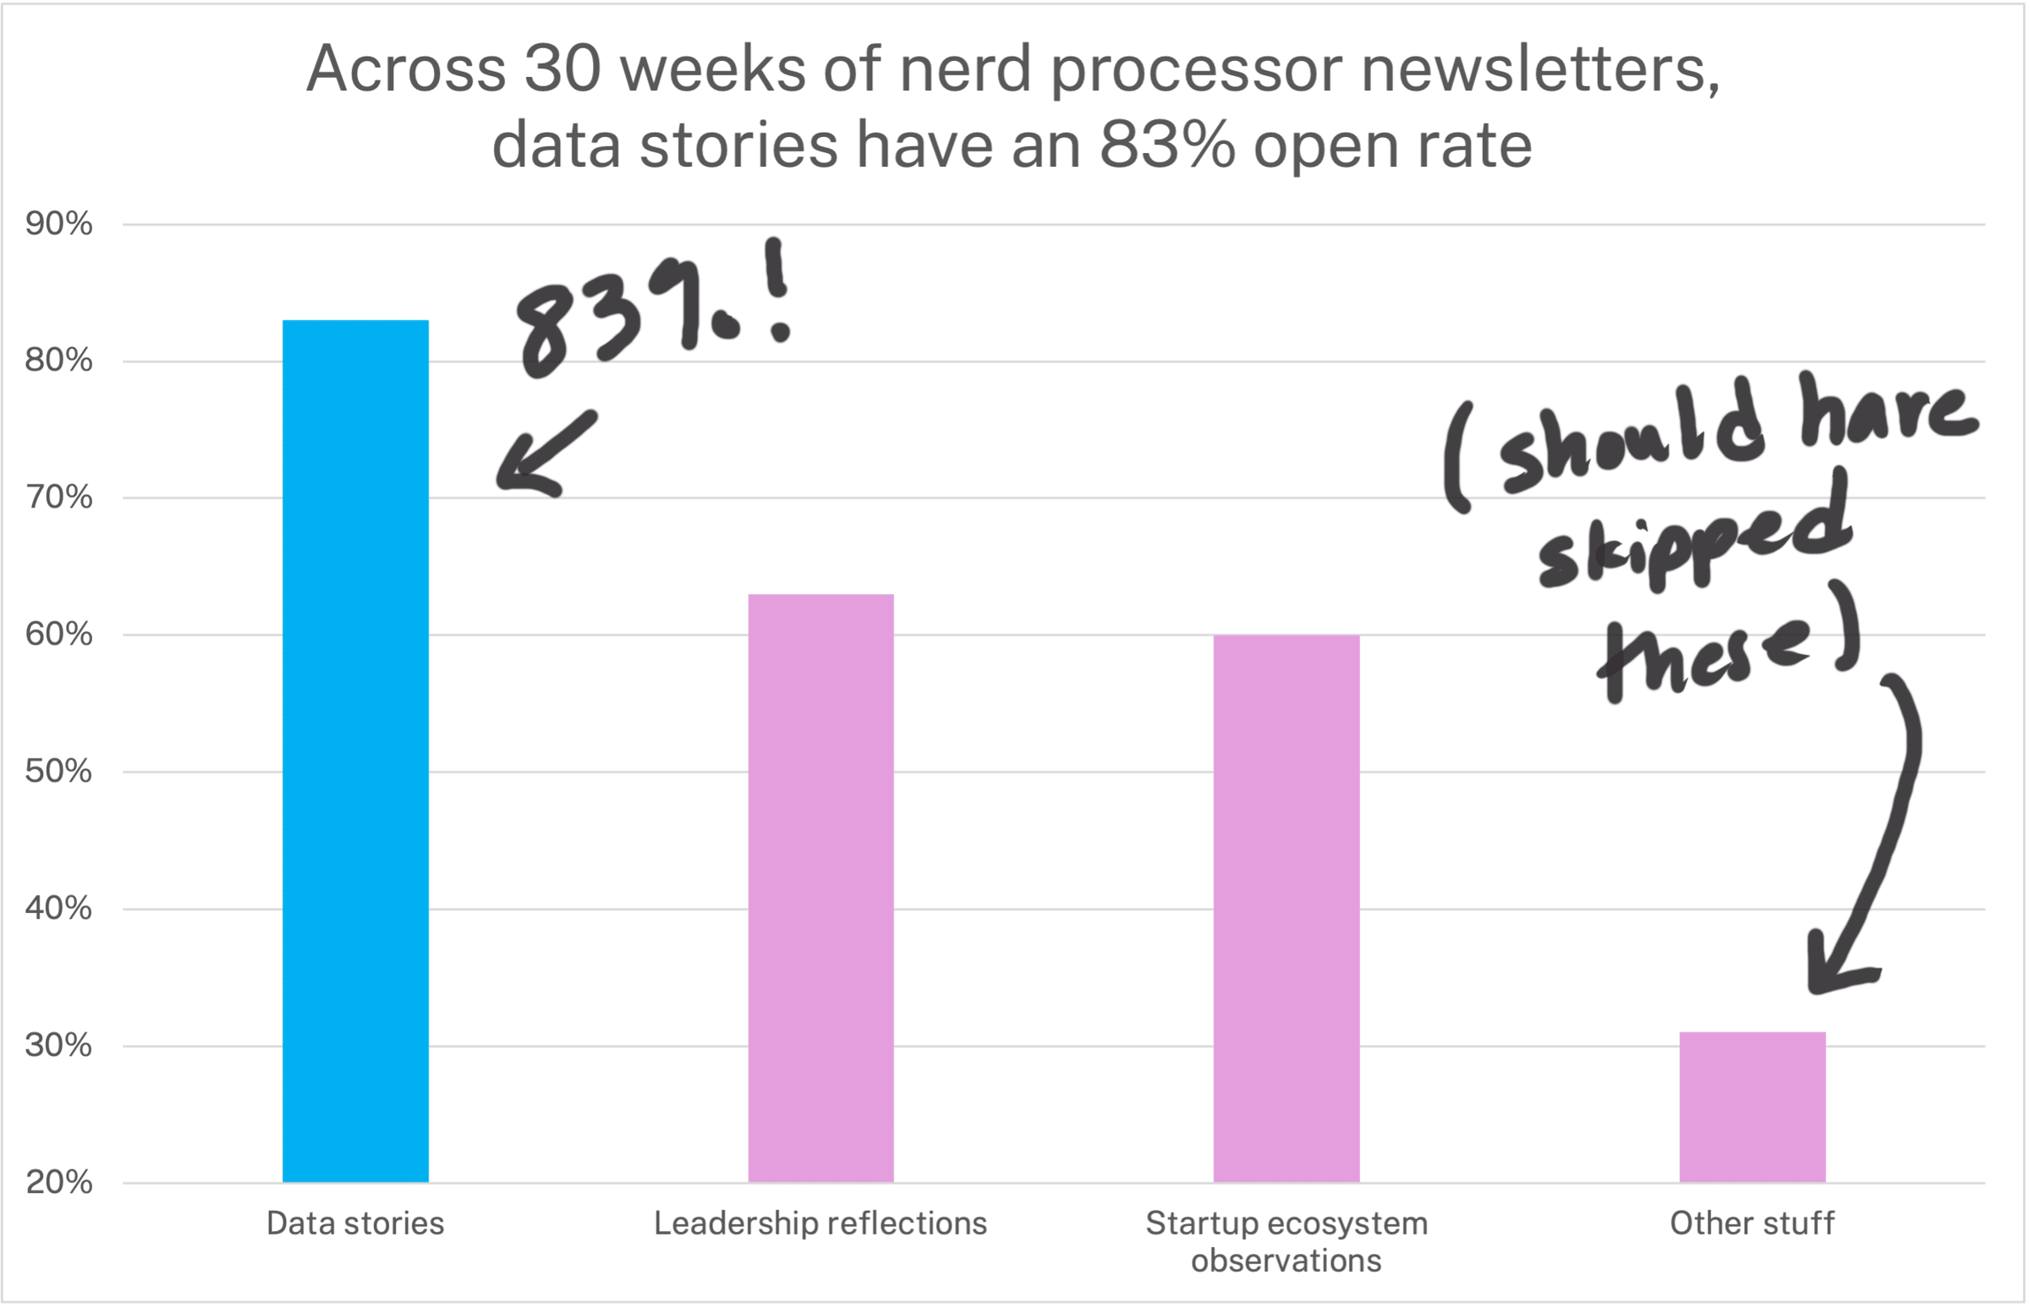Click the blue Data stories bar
(355, 750)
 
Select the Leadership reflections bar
(820, 888)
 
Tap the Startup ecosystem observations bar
(1286, 908)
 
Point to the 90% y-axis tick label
(58, 224)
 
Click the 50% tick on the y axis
(58, 772)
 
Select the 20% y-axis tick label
(58, 1182)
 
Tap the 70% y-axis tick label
(58, 497)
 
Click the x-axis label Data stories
(355, 1224)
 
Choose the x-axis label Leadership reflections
(820, 1224)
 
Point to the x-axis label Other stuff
(1752, 1224)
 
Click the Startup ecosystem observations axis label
(1286, 1242)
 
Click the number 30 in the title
(562, 69)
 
